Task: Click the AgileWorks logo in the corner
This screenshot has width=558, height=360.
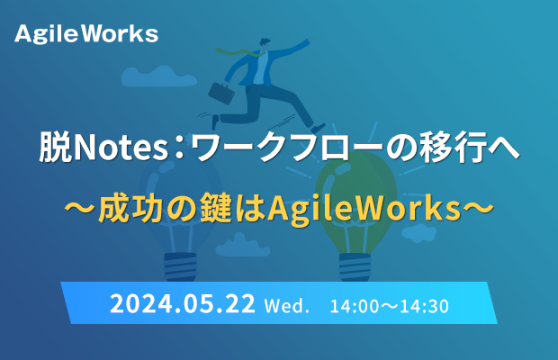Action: point(86,34)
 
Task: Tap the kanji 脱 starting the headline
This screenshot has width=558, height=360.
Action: point(55,147)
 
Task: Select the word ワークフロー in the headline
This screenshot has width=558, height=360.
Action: point(287,147)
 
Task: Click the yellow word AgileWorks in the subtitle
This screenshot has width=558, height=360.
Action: point(364,209)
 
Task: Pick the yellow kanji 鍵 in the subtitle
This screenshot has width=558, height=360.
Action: point(216,208)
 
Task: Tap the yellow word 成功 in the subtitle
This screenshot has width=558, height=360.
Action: point(130,208)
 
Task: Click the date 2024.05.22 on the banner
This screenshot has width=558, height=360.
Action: point(183,303)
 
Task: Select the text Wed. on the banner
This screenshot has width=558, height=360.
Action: point(286,306)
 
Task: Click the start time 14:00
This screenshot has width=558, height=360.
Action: point(355,306)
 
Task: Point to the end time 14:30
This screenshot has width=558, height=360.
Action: point(424,306)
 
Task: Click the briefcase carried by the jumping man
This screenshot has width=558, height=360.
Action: point(221,93)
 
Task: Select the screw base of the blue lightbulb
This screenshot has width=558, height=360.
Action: point(180,266)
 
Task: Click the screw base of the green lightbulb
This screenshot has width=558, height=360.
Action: point(355,266)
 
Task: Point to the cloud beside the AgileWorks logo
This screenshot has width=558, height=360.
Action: point(158,76)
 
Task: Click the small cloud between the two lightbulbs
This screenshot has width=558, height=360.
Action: point(243,246)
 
